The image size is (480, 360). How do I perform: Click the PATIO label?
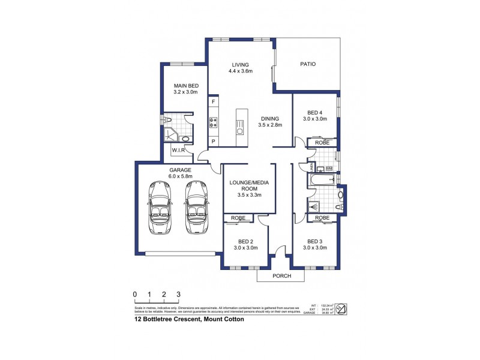tap(307, 64)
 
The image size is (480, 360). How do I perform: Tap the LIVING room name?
tap(240, 65)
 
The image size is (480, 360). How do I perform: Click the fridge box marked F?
tap(213, 103)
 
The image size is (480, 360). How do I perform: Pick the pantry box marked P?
tap(213, 141)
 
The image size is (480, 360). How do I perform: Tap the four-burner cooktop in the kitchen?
tap(213, 122)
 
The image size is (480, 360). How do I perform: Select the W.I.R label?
tap(178, 150)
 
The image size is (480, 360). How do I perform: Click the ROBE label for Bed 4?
tap(322, 143)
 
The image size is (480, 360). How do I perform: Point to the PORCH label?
tap(281, 276)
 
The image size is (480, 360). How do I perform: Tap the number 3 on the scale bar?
tap(178, 294)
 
